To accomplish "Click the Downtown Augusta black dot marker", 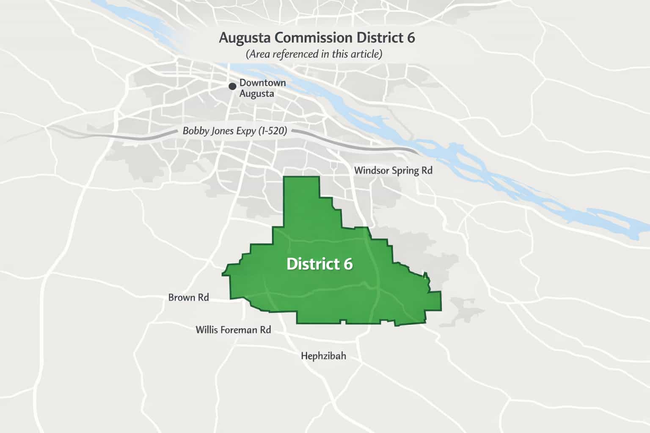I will click(232, 86).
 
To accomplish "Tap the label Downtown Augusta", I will click(262, 88).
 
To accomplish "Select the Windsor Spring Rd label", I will click(393, 170).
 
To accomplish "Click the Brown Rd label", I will click(188, 297).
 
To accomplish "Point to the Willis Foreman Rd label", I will click(233, 330).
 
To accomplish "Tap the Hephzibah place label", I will click(323, 356).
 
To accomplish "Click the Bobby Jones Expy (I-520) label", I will click(235, 131).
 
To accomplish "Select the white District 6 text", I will click(319, 264).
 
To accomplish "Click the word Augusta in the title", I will click(246, 38).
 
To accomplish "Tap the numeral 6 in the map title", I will click(411, 38).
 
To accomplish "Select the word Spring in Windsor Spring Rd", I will click(406, 171).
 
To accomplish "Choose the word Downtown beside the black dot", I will click(262, 83).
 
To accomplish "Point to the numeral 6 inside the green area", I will click(348, 264).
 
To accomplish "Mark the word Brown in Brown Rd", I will click(182, 297).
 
